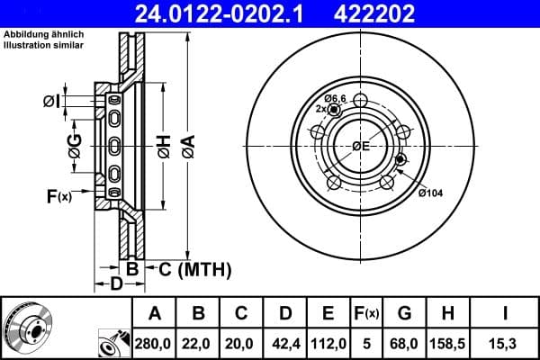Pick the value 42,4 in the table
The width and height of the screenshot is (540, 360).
click(x=285, y=344)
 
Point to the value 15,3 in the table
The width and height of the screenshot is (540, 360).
click(x=507, y=344)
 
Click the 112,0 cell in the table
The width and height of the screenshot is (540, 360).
click(x=328, y=344)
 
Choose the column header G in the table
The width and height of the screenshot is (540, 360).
click(x=405, y=314)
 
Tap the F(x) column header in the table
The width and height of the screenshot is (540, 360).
click(x=367, y=314)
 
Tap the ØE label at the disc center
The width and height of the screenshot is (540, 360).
click(x=361, y=146)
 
